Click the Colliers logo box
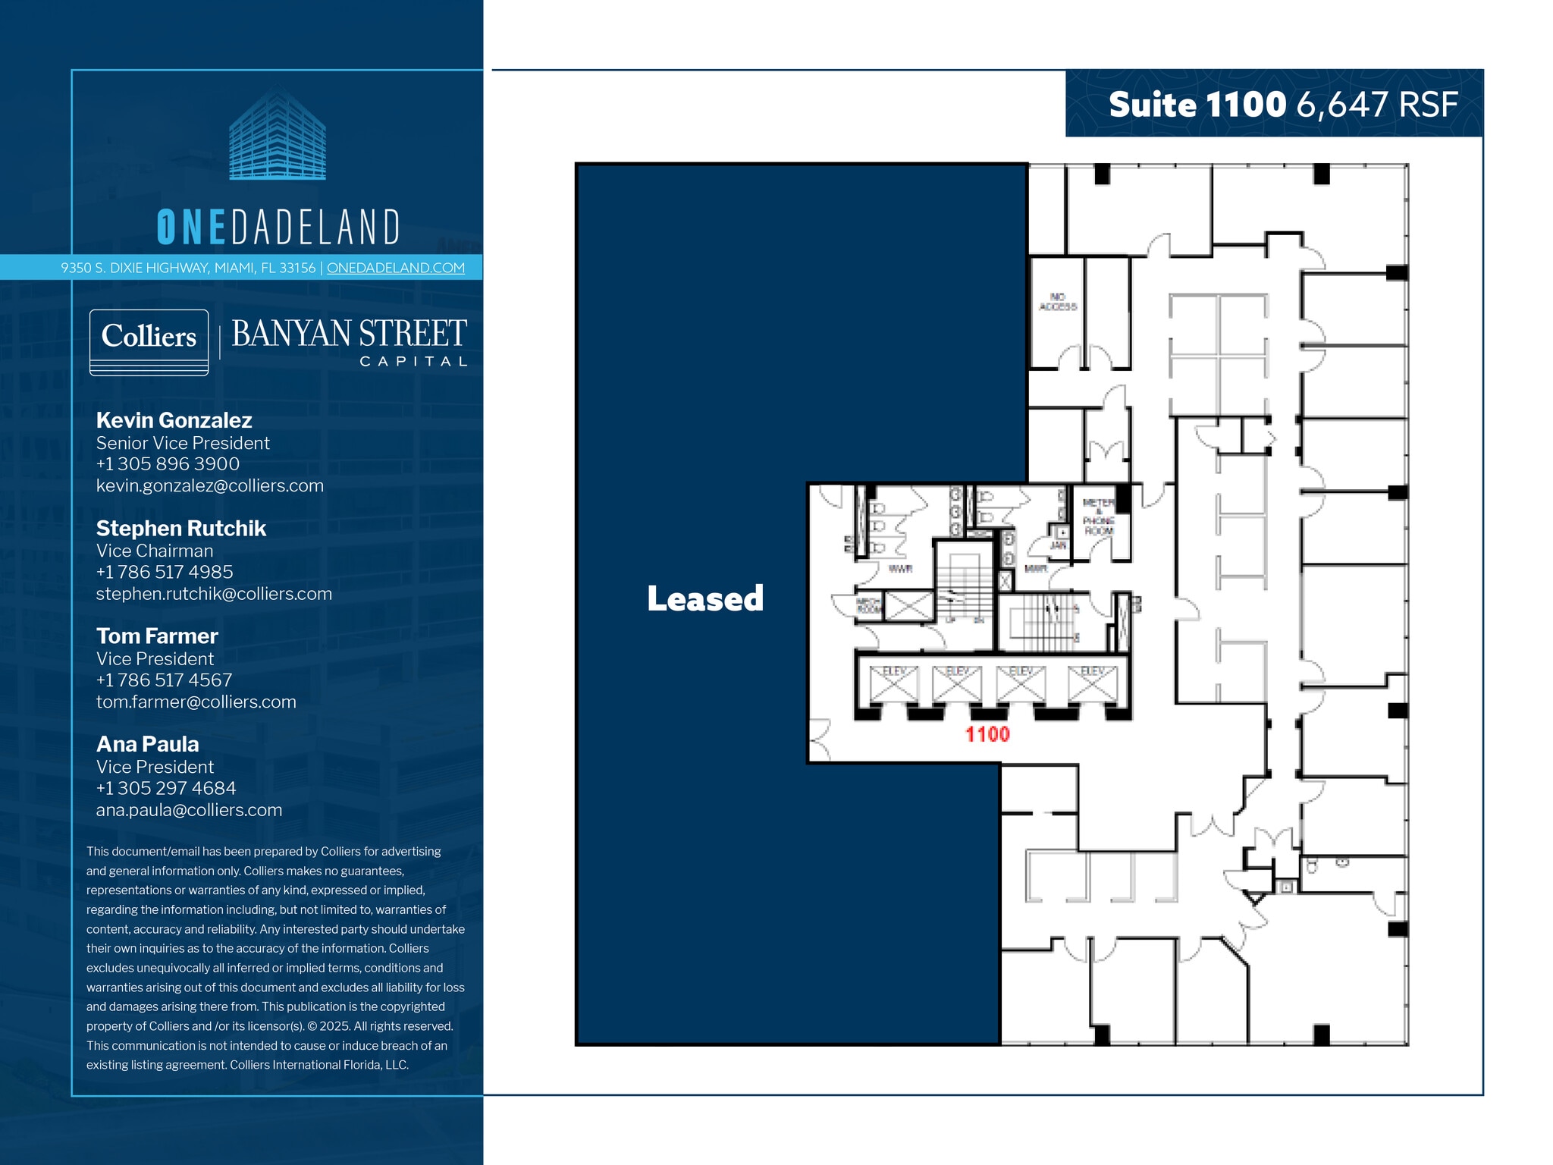pos(149,341)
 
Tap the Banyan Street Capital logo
pos(349,341)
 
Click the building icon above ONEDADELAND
pos(278,134)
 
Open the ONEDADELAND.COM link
pos(395,268)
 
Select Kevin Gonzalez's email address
pos(209,485)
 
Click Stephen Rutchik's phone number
pos(164,572)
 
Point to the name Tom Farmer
pos(156,636)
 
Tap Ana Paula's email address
pos(189,810)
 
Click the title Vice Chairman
pos(154,551)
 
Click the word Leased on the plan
pos(704,598)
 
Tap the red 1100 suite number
pos(987,734)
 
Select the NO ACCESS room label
pos(1058,302)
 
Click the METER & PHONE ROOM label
pos(1098,517)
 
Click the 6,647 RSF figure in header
pos(1377,105)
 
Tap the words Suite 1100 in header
pos(1197,105)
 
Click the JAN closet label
pos(1058,545)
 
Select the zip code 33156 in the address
pos(297,268)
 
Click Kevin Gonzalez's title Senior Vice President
pos(182,443)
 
